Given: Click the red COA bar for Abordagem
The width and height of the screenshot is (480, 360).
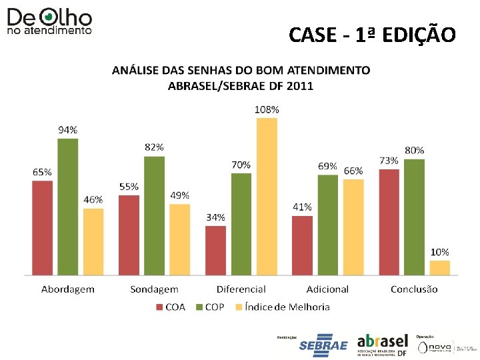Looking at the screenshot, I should coord(41,227).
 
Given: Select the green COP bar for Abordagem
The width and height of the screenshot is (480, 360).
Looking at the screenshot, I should coord(67,207).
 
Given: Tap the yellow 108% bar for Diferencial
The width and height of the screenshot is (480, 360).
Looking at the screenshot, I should coord(267,196).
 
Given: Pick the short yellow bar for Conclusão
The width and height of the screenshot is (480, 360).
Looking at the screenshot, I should coord(440,267).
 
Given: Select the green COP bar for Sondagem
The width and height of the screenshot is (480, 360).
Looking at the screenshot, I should coord(154,215).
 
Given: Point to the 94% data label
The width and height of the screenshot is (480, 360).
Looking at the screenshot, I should coord(67,130).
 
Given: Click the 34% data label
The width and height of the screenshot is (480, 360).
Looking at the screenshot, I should coord(215,217).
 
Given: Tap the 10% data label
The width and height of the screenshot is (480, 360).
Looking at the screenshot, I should coord(439,252).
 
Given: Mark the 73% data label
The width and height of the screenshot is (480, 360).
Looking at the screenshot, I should coord(389,161).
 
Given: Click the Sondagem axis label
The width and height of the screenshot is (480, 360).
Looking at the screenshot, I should coord(154,289).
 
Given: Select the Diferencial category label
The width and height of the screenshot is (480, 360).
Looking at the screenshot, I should coord(241,289).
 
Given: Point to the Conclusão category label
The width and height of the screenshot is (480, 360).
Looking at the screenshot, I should coord(414,289).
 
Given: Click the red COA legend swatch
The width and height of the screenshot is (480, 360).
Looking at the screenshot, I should coord(159,307).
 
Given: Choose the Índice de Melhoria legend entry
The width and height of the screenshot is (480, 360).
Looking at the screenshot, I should coord(287,307).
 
